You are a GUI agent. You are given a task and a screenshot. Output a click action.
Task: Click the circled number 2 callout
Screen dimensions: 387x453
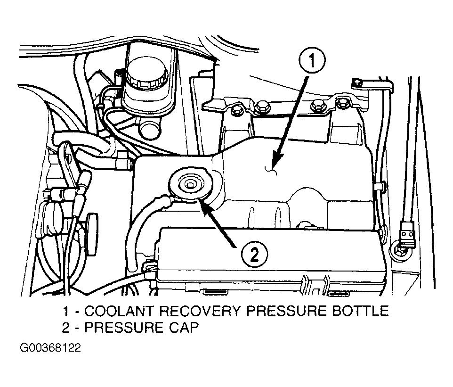tap(254, 255)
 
